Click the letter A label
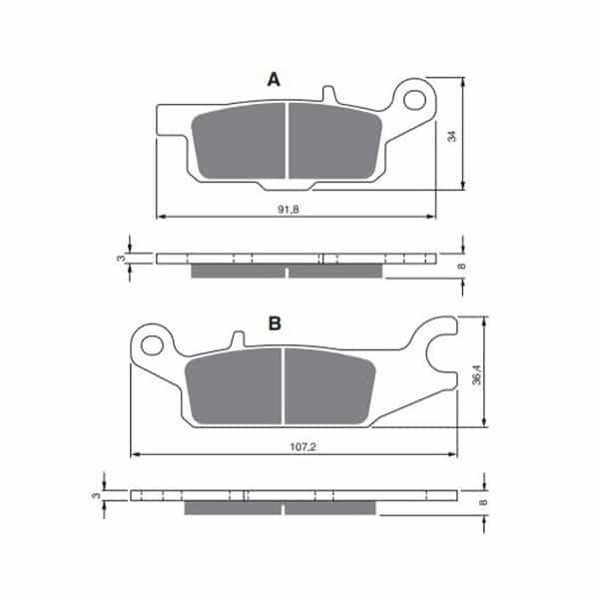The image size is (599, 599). tap(274, 80)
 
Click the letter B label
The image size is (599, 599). tap(275, 323)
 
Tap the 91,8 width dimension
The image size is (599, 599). tap(289, 210)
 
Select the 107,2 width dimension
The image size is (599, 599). tap(302, 446)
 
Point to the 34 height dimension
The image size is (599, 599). tap(452, 136)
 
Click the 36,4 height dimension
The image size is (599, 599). tap(477, 374)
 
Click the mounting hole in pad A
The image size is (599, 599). tap(414, 100)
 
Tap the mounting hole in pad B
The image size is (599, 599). tap(152, 345)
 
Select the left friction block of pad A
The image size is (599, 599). tap(239, 141)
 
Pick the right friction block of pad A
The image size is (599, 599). tap(335, 141)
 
